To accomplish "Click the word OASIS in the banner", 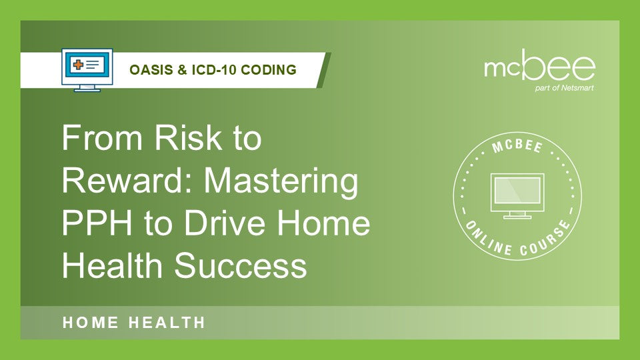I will (146, 69).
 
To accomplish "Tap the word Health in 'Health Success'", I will (113, 266).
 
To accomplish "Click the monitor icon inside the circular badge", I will (517, 196).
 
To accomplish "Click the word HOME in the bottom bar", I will (91, 323).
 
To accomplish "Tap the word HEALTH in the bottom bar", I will (167, 323).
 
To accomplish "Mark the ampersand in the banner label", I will (179, 69).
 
